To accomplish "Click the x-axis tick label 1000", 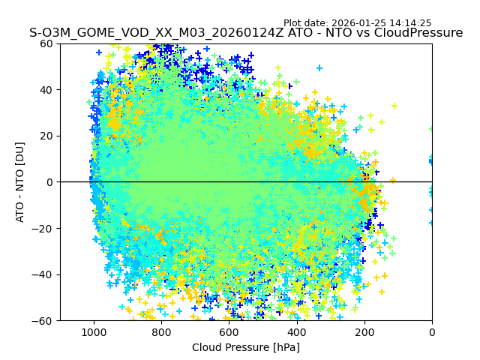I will click(x=93, y=332).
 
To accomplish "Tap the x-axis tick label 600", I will click(x=229, y=332).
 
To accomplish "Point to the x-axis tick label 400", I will click(x=296, y=332).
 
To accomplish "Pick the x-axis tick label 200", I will click(x=364, y=332).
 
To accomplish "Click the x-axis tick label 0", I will click(x=432, y=332).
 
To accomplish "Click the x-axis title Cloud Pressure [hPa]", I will click(x=246, y=347).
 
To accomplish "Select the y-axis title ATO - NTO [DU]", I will click(x=20, y=182).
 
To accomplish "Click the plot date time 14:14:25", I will click(x=410, y=23).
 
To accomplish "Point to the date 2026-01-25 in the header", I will click(x=358, y=23).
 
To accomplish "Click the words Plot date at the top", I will click(x=306, y=23).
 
